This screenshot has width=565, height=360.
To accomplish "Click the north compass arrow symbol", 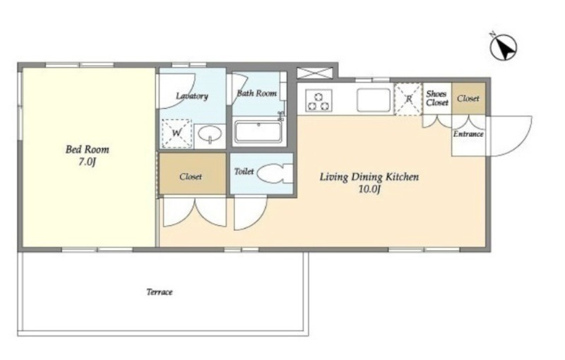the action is click(503, 47).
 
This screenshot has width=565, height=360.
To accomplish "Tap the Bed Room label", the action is click(87, 150).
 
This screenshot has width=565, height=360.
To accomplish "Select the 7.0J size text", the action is click(87, 162).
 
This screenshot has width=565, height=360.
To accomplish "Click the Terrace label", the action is click(160, 292).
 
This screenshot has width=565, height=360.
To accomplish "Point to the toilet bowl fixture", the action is click(275, 174).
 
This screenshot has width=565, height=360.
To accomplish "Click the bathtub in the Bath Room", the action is click(258, 132).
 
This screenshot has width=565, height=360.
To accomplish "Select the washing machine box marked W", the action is click(176, 133).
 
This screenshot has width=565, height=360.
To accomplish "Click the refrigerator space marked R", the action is click(408, 99).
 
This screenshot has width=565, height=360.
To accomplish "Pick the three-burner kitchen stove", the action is click(319, 100).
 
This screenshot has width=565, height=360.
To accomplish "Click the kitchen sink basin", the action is click(374, 100).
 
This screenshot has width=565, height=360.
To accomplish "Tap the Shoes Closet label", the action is click(437, 98).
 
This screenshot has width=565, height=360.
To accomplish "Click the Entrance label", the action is click(468, 134).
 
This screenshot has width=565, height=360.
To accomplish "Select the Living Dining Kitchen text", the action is click(369, 176).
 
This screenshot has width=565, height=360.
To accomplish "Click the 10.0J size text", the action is click(369, 189).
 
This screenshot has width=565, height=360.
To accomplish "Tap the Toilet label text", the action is click(244, 172).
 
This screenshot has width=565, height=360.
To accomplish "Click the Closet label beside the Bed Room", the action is click(191, 176).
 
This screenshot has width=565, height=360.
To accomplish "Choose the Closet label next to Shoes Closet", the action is click(468, 98).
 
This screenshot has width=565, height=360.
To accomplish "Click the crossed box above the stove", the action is click(314, 73).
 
